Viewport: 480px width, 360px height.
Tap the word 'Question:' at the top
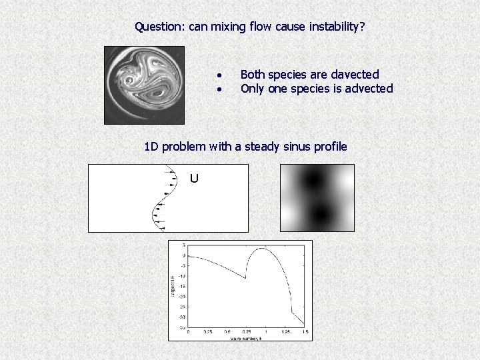coord(160,27)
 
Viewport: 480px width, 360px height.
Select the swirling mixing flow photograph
coord(144,85)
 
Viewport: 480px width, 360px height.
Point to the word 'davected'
coord(355,75)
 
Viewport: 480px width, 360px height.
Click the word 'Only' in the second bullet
coord(253,89)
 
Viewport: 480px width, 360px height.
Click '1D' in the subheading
coord(152,146)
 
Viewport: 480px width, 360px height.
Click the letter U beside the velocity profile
coord(194,179)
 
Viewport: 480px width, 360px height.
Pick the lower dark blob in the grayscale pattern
coord(320,213)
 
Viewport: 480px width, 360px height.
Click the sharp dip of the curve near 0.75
coord(246,279)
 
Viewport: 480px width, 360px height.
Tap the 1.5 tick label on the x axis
coord(305,332)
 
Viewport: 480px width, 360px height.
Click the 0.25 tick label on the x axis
coord(208,332)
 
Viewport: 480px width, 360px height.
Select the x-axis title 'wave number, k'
coord(247,338)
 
